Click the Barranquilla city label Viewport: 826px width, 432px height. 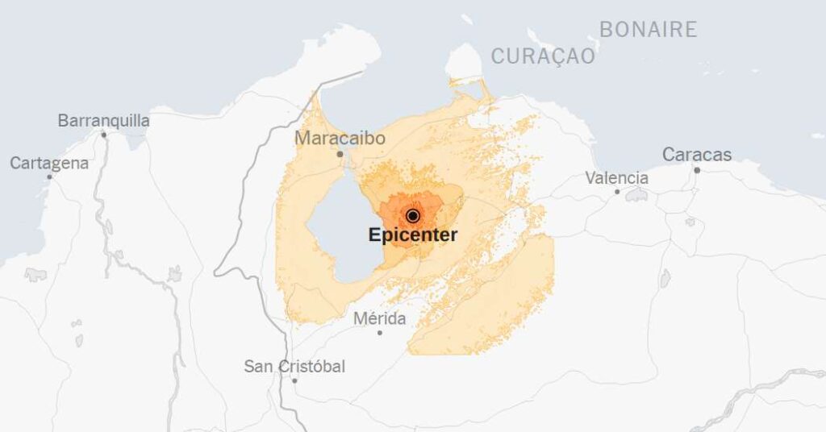tap(103, 121)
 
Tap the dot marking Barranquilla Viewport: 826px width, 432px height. tap(104, 135)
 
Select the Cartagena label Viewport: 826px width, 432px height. tap(49, 164)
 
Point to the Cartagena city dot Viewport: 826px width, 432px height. tap(49, 177)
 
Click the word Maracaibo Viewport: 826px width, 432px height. tap(340, 139)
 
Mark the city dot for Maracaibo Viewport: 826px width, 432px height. tap(340, 153)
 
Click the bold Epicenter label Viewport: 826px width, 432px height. tap(413, 235)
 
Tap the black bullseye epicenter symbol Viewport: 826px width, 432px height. tap(413, 215)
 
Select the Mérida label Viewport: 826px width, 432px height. tap(379, 319)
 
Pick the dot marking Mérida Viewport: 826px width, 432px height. tap(380, 332)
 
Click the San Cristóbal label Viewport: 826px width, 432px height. tap(294, 367)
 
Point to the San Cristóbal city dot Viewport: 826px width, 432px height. tap(294, 380)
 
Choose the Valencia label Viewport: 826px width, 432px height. tap(616, 178)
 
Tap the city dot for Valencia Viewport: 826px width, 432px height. tap(617, 191)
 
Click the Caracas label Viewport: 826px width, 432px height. tap(697, 155)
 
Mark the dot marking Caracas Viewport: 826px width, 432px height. tap(697, 169)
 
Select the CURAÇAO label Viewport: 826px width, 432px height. tap(543, 56)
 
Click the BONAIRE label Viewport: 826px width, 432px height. tap(648, 30)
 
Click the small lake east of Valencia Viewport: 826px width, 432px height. tap(637, 195)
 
